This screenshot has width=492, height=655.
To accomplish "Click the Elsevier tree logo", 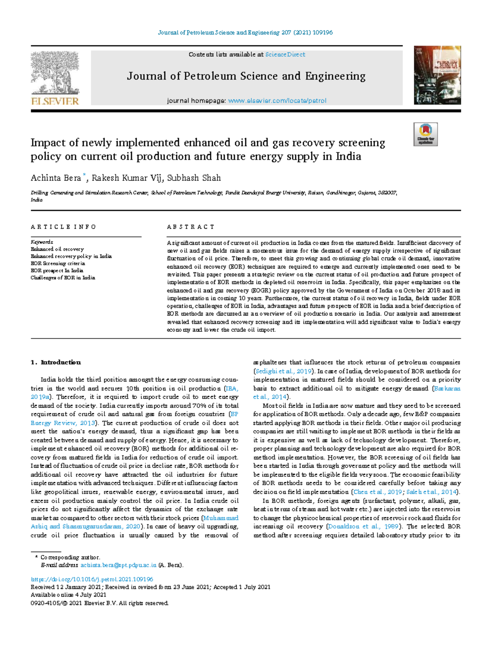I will [x=55, y=76].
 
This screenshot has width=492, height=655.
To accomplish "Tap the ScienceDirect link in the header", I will [x=285, y=54].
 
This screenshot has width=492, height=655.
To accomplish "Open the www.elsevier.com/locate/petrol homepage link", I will [x=277, y=101].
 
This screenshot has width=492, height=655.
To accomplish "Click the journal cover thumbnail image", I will [x=437, y=75].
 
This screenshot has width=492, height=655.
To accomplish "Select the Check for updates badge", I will [x=425, y=134].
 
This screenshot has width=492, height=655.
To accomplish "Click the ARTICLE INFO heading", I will [x=63, y=227].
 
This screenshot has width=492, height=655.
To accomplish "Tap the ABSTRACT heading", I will [x=191, y=227].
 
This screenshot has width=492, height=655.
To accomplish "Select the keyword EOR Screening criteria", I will [x=57, y=263].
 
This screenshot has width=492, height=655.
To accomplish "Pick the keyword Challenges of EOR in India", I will [x=63, y=278].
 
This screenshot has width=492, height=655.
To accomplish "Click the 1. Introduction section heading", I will [x=56, y=363].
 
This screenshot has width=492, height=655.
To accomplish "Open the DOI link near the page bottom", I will [x=92, y=580].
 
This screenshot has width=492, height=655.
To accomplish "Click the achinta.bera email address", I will [x=118, y=565].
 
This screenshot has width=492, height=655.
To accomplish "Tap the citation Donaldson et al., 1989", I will [x=364, y=526].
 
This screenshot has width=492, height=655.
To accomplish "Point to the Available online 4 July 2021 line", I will [x=68, y=595].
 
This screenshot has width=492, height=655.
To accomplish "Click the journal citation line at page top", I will [x=245, y=32].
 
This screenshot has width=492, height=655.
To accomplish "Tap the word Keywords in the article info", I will [x=42, y=242].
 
